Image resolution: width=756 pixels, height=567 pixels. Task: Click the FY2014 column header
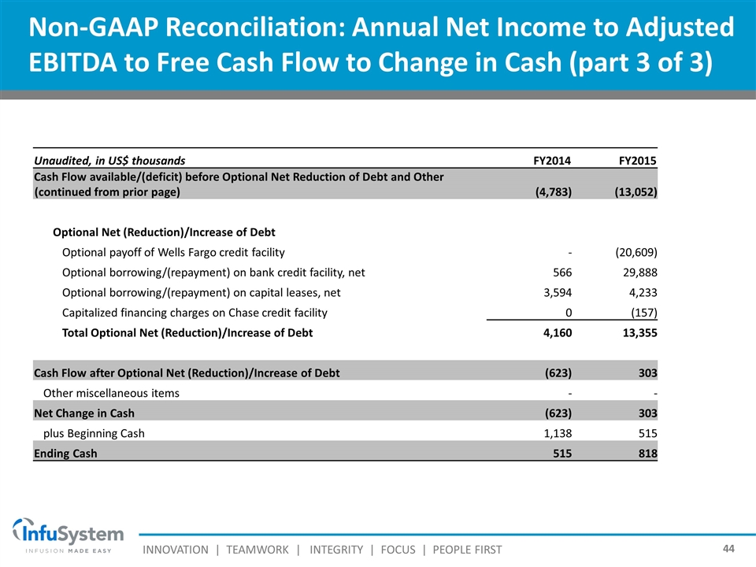(552, 161)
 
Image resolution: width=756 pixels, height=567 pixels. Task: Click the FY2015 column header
(638, 161)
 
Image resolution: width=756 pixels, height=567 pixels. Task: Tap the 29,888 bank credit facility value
(638, 272)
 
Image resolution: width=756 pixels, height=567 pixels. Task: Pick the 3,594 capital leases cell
(555, 292)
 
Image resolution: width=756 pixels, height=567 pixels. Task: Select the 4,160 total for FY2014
(555, 333)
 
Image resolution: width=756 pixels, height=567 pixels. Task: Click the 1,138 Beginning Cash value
(555, 433)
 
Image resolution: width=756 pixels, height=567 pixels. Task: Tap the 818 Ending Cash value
(647, 454)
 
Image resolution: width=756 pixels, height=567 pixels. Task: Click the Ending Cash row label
(66, 454)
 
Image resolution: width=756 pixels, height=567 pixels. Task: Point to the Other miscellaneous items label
(111, 393)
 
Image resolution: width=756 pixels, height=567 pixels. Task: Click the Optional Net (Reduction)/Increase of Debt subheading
(164, 232)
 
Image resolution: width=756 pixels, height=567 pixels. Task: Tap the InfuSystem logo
(68, 535)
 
